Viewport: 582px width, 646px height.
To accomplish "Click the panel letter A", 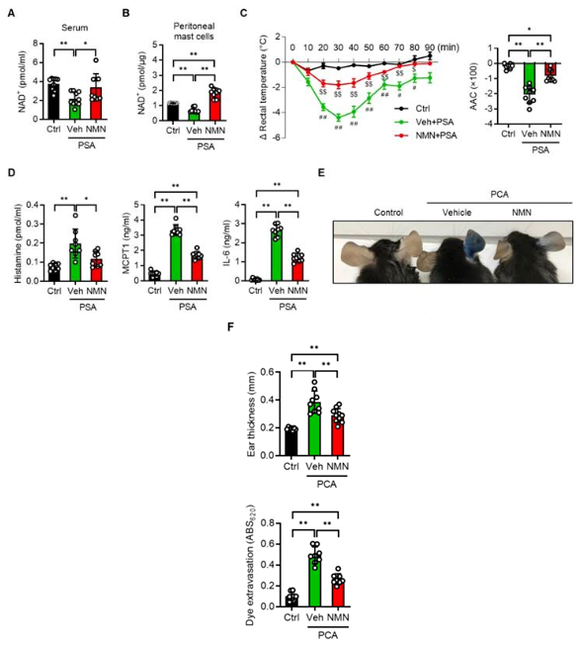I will click(x=10, y=14).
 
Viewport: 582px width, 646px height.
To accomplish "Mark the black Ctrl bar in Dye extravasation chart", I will click(x=291, y=599).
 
